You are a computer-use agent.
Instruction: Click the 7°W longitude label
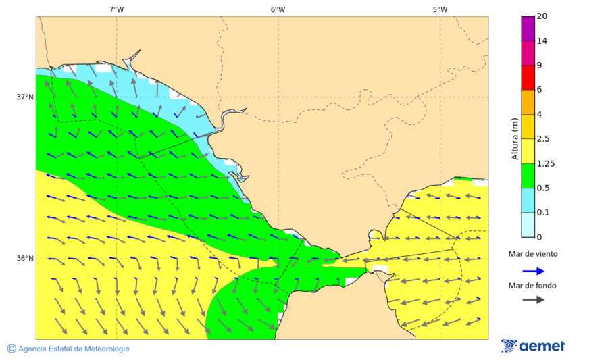pyautogui.click(x=116, y=9)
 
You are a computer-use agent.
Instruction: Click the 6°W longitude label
pyautogui.click(x=278, y=9)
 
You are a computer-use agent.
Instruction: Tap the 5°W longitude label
pyautogui.click(x=440, y=9)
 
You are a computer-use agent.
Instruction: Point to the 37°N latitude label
pyautogui.click(x=25, y=97)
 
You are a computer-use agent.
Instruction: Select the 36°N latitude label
pyautogui.click(x=25, y=258)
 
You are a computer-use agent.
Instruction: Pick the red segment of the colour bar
pyautogui.click(x=528, y=77)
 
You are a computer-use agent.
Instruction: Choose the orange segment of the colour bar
pyautogui.click(x=528, y=102)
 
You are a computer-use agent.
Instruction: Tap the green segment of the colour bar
pyautogui.click(x=528, y=175)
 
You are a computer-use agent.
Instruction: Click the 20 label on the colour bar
pyautogui.click(x=541, y=16)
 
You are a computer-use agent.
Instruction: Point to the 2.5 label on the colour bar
pyautogui.click(x=543, y=139)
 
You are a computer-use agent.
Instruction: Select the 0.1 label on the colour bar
pyautogui.click(x=543, y=212)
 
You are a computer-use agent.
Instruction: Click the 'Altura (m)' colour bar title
pyautogui.click(x=515, y=138)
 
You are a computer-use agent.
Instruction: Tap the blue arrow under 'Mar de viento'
pyautogui.click(x=533, y=271)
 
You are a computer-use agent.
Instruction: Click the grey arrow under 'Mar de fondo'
pyautogui.click(x=533, y=299)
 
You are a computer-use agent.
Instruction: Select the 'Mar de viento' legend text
pyautogui.click(x=533, y=254)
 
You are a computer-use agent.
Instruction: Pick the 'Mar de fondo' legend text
pyautogui.click(x=533, y=285)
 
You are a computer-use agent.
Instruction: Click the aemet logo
pyautogui.click(x=533, y=346)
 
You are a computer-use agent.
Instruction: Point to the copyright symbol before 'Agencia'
pyautogui.click(x=11, y=349)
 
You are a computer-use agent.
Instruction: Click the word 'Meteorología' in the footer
pyautogui.click(x=105, y=349)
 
